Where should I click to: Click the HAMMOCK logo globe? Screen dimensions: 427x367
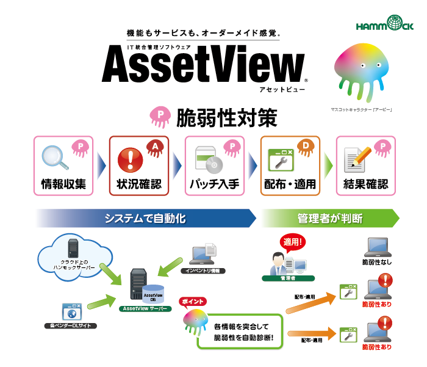point(395,23)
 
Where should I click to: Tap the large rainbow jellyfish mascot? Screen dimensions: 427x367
point(361,71)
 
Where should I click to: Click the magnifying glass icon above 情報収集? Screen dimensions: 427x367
point(55,158)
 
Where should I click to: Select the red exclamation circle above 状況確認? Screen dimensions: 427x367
point(130,160)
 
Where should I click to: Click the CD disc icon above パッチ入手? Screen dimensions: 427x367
point(214,165)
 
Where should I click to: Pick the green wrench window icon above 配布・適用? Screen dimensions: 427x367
point(281,160)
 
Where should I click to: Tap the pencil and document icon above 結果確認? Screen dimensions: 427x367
point(357,160)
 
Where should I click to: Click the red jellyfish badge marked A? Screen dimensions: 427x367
point(155,148)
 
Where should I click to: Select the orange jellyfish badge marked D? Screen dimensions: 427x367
point(306,148)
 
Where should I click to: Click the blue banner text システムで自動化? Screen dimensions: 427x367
point(145,219)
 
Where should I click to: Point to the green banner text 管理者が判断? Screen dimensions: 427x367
point(330,219)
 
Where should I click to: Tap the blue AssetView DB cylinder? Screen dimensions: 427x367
point(153,294)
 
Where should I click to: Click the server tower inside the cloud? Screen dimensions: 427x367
point(73,248)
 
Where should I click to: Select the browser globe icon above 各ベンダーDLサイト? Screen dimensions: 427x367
point(72,311)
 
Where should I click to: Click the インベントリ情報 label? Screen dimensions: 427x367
point(203,271)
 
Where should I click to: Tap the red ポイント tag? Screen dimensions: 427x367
point(193,302)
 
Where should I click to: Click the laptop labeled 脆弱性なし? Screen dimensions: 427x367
point(378,247)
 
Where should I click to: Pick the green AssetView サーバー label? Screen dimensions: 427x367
point(145,308)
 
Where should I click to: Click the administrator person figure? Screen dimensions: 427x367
point(278,263)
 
